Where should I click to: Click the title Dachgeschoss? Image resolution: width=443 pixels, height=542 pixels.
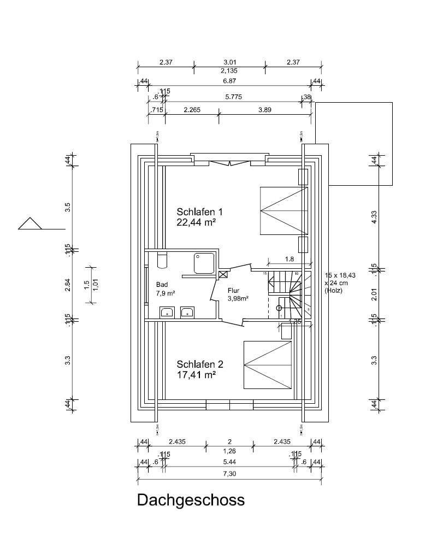click(191, 500)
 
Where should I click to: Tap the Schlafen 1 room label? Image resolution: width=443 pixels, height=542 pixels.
click(199, 211)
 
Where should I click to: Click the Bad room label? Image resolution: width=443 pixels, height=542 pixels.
click(162, 285)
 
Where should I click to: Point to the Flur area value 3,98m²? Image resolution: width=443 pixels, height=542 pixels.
click(238, 298)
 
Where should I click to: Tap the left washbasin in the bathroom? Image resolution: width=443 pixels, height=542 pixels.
click(167, 313)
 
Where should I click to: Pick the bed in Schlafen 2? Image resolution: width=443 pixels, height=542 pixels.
click(268, 365)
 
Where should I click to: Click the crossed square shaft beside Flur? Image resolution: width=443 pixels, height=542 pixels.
click(223, 275)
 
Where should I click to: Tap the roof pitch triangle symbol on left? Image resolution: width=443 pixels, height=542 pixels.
click(30, 224)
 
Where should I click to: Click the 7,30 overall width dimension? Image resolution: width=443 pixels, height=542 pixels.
click(229, 473)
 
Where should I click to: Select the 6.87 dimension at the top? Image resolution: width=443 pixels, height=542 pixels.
click(229, 80)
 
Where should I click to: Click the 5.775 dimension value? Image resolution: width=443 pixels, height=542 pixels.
click(233, 96)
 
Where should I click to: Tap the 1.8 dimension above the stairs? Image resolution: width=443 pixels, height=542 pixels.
click(290, 259)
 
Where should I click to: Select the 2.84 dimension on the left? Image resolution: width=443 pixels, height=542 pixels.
click(68, 285)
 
